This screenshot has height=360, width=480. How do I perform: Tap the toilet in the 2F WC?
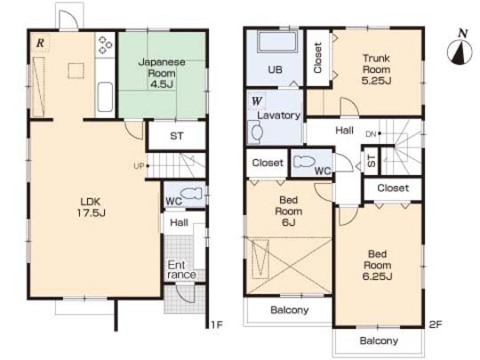point(303,163)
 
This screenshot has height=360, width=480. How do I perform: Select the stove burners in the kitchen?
point(104,45)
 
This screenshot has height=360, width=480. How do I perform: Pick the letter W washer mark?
point(256,100)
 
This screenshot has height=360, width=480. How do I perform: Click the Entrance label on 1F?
point(178,270)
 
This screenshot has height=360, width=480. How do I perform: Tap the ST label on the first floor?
point(177,138)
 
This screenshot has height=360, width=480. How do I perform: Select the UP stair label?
point(139,166)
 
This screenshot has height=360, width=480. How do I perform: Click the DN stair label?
point(372,133)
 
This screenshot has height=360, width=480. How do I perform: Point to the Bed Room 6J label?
point(288,212)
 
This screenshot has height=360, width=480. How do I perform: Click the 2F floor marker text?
point(435,324)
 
